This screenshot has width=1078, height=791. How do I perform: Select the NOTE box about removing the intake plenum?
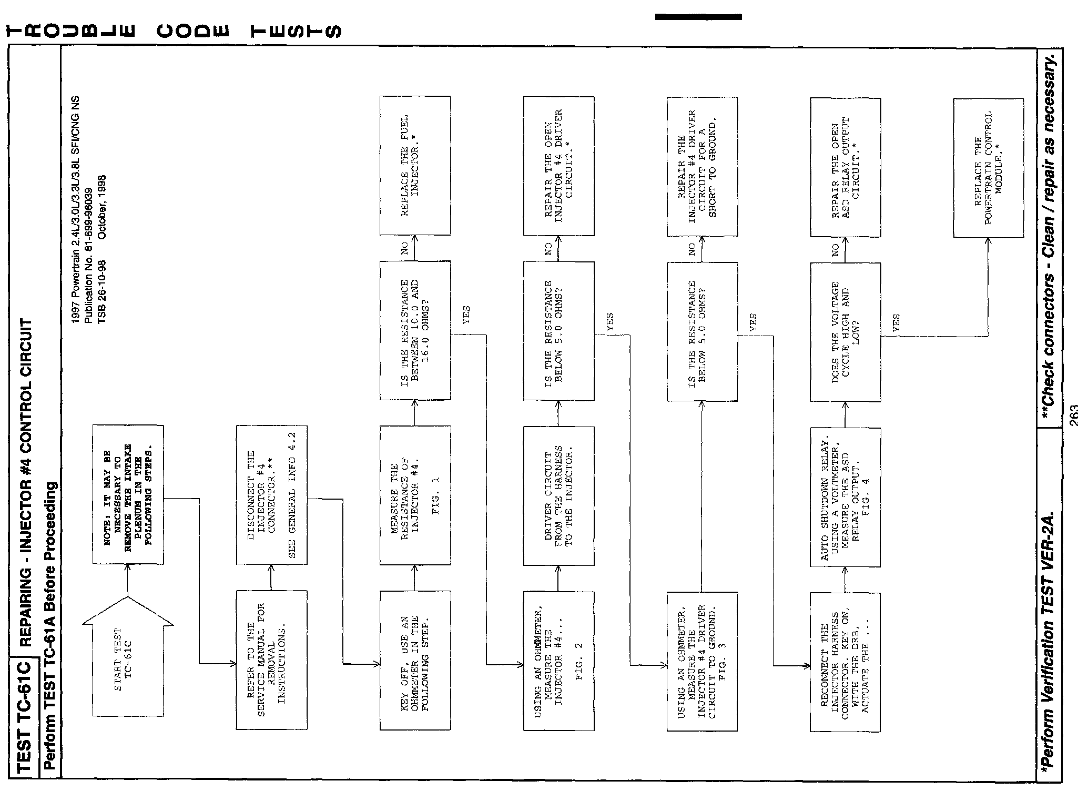pos(128,494)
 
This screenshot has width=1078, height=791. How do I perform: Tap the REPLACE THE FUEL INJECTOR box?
pos(415,165)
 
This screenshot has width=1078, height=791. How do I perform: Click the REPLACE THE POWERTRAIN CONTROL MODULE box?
pos(988,168)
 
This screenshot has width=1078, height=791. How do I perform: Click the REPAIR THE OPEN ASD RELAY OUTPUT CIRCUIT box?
pos(845,167)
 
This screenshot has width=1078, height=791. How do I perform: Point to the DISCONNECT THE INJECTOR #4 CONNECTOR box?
pos(271,494)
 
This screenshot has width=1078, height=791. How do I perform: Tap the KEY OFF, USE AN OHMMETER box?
pos(415,660)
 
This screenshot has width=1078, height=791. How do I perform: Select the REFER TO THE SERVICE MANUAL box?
pos(271,660)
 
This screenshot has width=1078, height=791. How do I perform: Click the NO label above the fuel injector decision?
pos(405,248)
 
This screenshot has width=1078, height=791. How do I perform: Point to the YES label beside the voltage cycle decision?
pos(896,322)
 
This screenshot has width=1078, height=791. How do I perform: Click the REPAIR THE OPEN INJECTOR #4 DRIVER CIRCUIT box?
pos(558,166)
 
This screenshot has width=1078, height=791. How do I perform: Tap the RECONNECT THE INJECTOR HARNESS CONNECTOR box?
pos(845,662)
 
